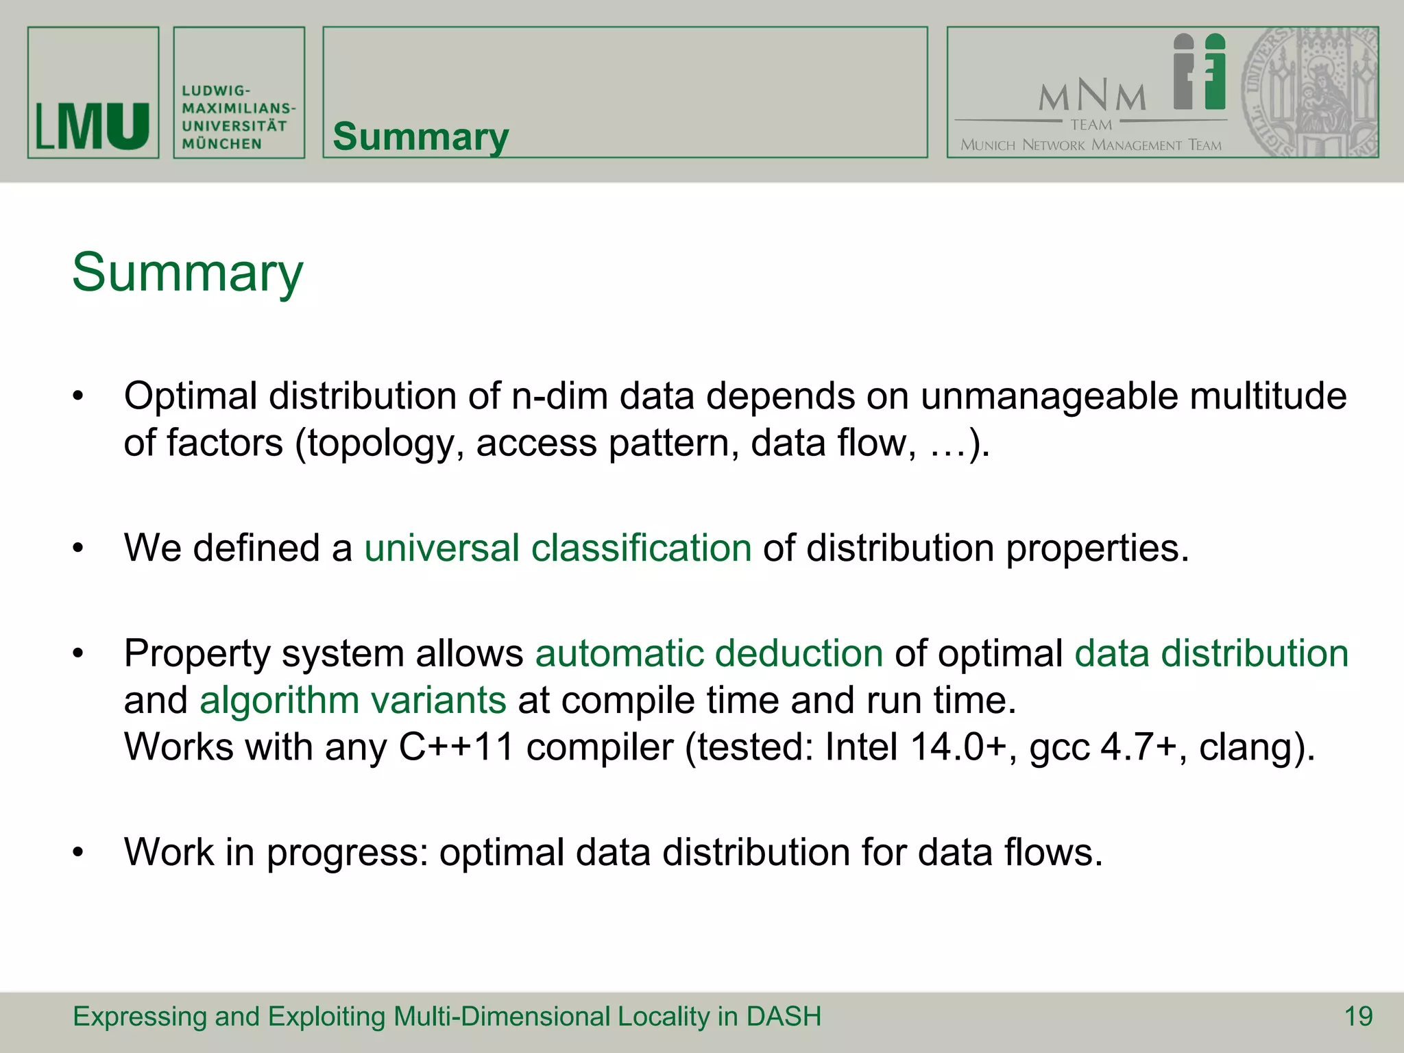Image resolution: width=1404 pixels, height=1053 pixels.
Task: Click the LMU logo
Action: [x=93, y=126]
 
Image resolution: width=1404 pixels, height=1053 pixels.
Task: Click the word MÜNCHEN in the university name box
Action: [x=222, y=144]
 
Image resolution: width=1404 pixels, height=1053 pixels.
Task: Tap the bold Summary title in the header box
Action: [x=420, y=136]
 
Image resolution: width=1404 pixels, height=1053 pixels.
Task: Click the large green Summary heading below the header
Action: [x=187, y=272]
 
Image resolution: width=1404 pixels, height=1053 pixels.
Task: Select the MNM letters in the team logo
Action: [x=1092, y=97]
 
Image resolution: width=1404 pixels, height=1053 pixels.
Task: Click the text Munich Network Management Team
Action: [x=1091, y=145]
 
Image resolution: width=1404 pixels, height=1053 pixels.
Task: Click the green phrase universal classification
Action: [x=557, y=548]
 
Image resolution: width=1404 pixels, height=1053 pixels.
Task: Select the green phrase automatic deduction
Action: [x=709, y=653]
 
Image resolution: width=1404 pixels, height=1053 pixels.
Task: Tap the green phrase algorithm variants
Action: [x=352, y=700]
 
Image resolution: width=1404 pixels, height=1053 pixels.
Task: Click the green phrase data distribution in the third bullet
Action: [x=1211, y=653]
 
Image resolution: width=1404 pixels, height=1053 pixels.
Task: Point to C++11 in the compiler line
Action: [x=456, y=747]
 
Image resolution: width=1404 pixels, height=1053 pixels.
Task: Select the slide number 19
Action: [x=1358, y=1016]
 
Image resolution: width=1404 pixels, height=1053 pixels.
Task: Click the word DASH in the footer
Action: [x=784, y=1016]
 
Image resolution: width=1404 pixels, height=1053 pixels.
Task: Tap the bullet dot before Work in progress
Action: [x=78, y=853]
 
